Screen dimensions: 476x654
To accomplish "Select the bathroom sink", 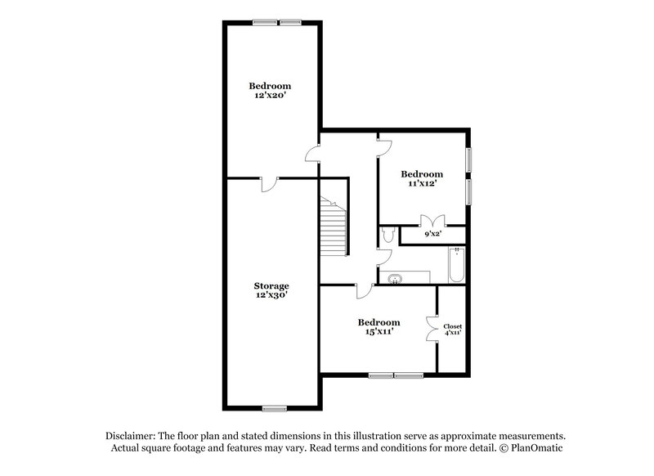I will [x=396, y=278].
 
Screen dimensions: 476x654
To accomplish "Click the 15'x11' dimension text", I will [x=379, y=331].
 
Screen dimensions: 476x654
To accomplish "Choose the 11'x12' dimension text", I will [x=422, y=183].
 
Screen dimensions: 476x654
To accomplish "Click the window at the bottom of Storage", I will [x=275, y=407].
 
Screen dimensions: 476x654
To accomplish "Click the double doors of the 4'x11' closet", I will [x=432, y=330].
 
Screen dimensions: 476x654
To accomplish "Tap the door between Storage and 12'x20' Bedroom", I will [x=269, y=183].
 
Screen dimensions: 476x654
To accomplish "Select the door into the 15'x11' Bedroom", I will [x=365, y=290].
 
